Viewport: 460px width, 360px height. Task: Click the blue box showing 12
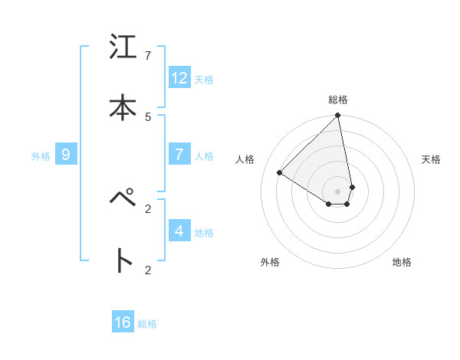pyautogui.click(x=179, y=78)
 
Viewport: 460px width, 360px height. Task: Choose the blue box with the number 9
pyautogui.click(x=66, y=155)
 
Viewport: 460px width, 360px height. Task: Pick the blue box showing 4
pyautogui.click(x=179, y=231)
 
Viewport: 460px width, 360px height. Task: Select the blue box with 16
pyautogui.click(x=123, y=322)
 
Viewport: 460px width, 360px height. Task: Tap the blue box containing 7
pyautogui.click(x=179, y=155)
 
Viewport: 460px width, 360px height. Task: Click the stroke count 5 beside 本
pyautogui.click(x=148, y=116)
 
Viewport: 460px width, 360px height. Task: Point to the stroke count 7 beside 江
pyautogui.click(x=148, y=55)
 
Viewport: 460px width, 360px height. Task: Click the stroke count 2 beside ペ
pyautogui.click(x=148, y=208)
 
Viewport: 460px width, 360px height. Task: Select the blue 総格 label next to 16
pyautogui.click(x=147, y=324)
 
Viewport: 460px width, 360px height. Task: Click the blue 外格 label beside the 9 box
pyautogui.click(x=41, y=156)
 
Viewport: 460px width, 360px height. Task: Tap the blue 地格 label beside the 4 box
pyautogui.click(x=204, y=233)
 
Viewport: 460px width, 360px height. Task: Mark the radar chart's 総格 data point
pyautogui.click(x=338, y=116)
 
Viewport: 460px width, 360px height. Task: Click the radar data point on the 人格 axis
pyautogui.click(x=280, y=172)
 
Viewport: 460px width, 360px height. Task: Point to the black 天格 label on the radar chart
pyautogui.click(x=431, y=159)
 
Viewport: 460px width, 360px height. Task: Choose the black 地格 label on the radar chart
pyautogui.click(x=402, y=262)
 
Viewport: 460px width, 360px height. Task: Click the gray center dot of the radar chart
pyautogui.click(x=338, y=191)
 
